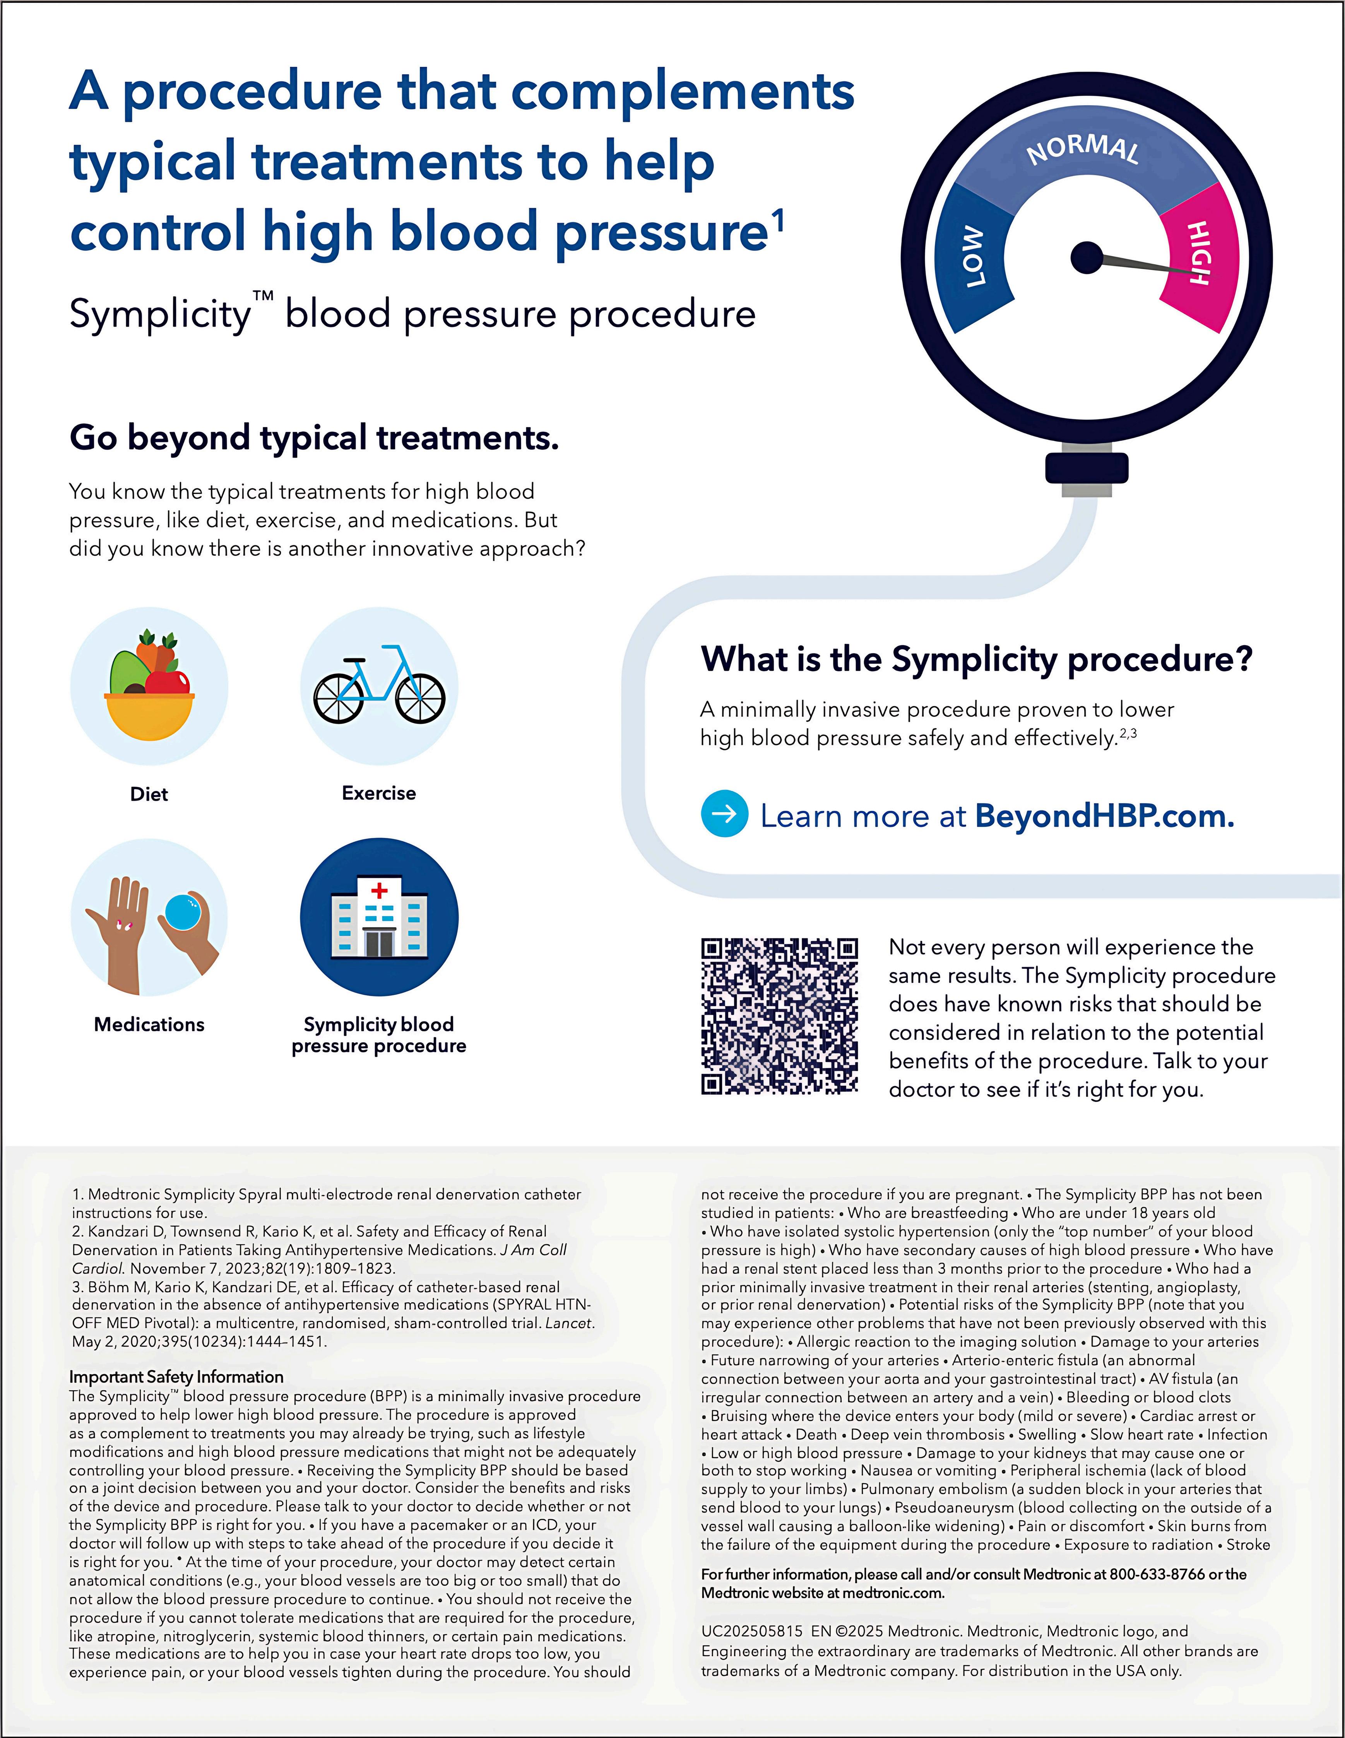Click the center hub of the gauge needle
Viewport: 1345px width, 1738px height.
click(1087, 257)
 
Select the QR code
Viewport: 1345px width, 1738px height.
click(779, 1015)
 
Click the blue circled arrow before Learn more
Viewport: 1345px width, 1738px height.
click(724, 814)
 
